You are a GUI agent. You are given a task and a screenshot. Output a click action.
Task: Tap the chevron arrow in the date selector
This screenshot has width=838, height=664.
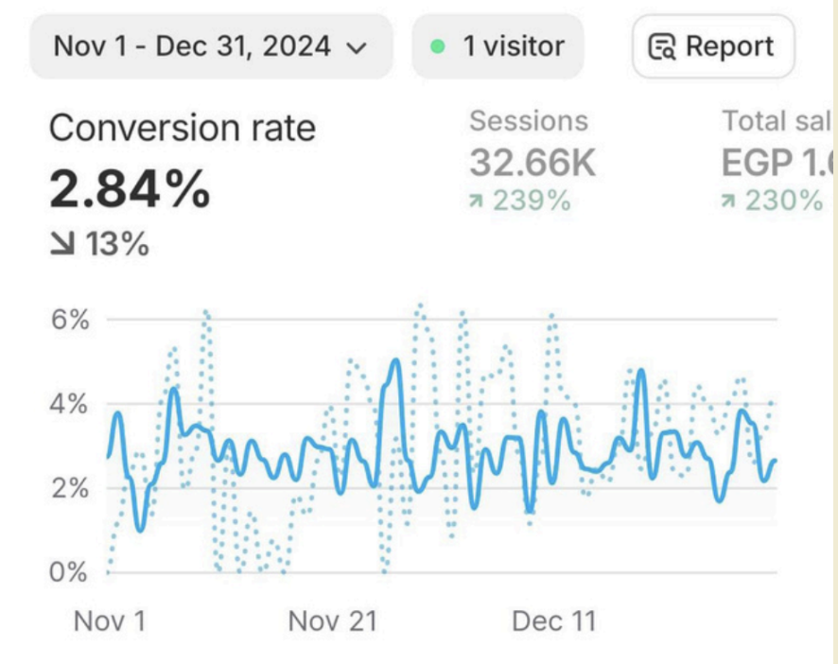click(x=357, y=47)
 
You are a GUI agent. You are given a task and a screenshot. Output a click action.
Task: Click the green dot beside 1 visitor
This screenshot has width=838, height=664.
click(x=437, y=46)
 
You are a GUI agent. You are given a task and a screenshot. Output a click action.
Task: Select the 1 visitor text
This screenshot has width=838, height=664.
click(x=513, y=45)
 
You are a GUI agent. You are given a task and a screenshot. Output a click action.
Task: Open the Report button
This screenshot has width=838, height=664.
click(x=712, y=45)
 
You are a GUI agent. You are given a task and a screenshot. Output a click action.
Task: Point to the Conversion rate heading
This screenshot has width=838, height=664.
click(x=182, y=128)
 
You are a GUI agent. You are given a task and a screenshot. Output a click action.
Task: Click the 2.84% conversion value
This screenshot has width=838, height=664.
click(x=130, y=190)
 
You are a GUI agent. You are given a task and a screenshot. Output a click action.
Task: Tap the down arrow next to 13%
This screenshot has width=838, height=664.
click(x=62, y=244)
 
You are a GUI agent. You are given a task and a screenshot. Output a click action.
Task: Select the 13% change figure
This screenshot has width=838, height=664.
click(x=117, y=244)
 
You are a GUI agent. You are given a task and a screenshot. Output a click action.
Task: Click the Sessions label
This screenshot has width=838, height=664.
click(x=528, y=121)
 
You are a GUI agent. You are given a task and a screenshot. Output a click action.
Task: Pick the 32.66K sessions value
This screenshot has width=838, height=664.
click(x=532, y=163)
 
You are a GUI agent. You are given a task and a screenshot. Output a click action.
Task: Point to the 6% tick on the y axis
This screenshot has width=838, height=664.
click(x=69, y=320)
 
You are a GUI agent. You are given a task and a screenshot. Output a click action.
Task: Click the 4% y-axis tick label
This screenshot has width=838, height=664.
click(x=69, y=404)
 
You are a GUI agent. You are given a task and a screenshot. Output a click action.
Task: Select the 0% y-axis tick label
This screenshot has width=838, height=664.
click(x=69, y=572)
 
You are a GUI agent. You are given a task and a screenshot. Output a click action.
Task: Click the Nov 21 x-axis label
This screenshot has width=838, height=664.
click(x=332, y=621)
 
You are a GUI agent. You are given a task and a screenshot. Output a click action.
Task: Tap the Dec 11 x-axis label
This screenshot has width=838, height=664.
click(x=553, y=621)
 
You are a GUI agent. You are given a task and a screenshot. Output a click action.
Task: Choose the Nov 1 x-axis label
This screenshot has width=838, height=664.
click(x=110, y=621)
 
